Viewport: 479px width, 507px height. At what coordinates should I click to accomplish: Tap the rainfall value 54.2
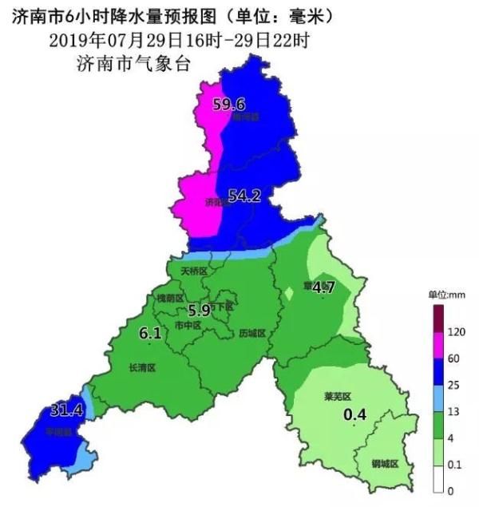(x=244, y=196)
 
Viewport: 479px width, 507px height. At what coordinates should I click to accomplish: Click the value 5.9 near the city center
(x=199, y=311)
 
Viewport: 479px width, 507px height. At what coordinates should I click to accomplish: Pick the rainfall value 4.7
(x=323, y=287)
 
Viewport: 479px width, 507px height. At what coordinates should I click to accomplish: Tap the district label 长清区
(x=141, y=368)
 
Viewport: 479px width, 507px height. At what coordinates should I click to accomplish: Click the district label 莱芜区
(x=338, y=396)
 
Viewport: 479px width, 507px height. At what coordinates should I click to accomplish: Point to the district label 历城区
(x=251, y=332)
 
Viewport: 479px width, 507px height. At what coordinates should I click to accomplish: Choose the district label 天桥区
(x=194, y=271)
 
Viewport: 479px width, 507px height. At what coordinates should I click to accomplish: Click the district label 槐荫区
(x=170, y=298)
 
